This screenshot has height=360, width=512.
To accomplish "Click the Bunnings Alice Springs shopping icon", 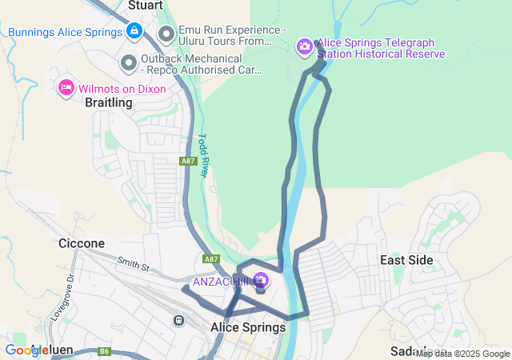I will [134, 32].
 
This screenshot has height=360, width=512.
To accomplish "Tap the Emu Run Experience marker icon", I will [166, 34].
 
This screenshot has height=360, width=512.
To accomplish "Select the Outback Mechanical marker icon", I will [129, 62].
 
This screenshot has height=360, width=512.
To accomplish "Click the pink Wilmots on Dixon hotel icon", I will [66, 87].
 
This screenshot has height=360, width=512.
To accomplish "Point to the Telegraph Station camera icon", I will [304, 47].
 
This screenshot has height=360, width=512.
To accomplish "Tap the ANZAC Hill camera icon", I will [260, 280].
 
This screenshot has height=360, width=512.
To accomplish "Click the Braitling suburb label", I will [109, 102].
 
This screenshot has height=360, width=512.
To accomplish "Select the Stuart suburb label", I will [146, 5].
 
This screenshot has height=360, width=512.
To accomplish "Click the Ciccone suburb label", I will [82, 242].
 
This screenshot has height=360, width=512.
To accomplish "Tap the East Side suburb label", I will [406, 260].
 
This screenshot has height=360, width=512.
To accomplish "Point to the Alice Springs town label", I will [248, 327].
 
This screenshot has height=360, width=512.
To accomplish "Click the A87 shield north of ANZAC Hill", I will [211, 259].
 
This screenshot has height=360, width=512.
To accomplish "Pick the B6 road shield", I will [104, 351].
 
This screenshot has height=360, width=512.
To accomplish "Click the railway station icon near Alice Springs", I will [178, 320].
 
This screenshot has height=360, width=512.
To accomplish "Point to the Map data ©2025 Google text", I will [462, 354].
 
